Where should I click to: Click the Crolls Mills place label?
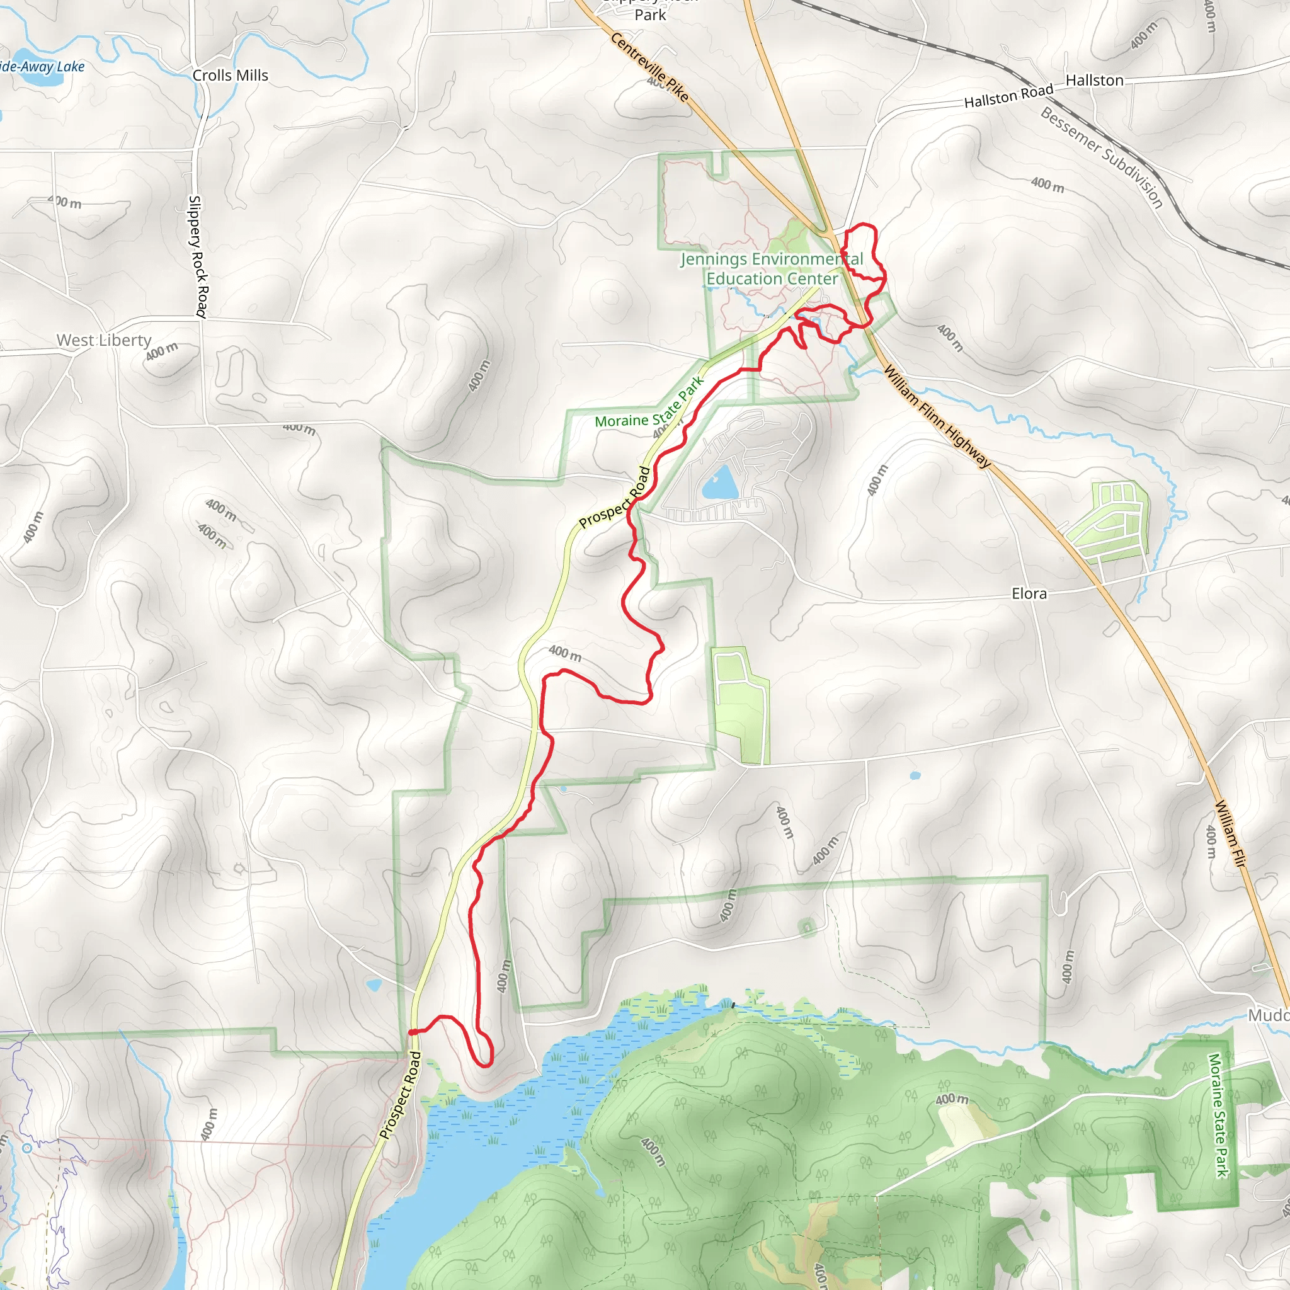click(x=231, y=76)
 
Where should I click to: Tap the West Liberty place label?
click(x=103, y=340)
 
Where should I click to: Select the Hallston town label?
click(x=1094, y=80)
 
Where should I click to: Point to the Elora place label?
click(x=1029, y=593)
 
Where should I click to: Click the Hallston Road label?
click(x=1008, y=96)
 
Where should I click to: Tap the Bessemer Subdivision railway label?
click(x=1101, y=157)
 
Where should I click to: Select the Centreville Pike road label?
click(x=649, y=67)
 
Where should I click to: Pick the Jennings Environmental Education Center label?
click(x=772, y=268)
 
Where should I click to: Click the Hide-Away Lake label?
click(x=42, y=67)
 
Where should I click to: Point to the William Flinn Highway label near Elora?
click(x=937, y=415)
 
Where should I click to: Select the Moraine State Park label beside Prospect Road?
click(x=649, y=402)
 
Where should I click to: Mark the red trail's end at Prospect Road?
click(x=411, y=1032)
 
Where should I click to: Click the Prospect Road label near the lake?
click(x=401, y=1095)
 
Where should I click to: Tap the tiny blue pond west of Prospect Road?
click(x=374, y=985)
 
